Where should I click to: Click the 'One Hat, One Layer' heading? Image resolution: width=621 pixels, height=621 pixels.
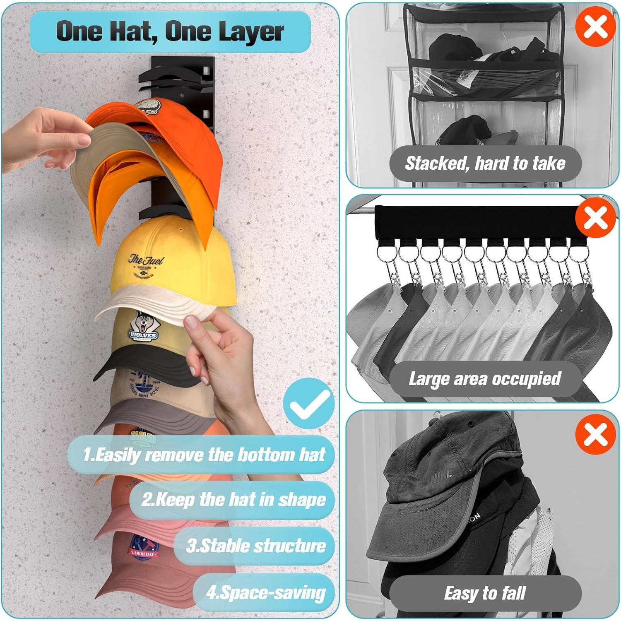tap(170, 31)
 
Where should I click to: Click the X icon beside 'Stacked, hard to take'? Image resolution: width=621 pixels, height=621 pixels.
tap(595, 27)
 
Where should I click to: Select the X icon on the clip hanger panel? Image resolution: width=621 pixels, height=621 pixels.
tap(595, 217)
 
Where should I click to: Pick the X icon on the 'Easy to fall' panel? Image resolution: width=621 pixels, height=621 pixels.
tap(595, 434)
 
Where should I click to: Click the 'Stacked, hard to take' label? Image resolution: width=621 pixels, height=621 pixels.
tap(485, 164)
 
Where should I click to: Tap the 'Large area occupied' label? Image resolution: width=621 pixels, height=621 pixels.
tap(484, 379)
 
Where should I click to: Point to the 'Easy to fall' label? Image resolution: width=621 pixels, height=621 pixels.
tap(485, 593)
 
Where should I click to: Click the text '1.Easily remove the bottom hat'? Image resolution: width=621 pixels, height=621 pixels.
tap(204, 455)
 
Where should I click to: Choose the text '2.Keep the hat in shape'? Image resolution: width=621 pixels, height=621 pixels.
tap(233, 500)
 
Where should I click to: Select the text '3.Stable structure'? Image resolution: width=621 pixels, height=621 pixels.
tap(256, 546)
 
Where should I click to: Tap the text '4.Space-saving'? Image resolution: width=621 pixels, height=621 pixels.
tap(266, 592)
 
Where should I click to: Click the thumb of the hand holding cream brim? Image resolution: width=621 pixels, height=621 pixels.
tap(191, 322)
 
